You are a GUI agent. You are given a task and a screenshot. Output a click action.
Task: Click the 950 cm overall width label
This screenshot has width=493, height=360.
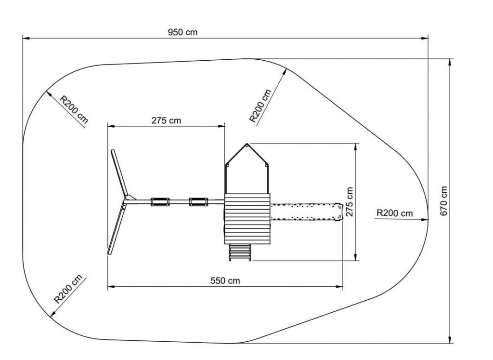182,32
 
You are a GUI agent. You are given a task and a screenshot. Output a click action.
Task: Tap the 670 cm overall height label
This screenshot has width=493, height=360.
443,201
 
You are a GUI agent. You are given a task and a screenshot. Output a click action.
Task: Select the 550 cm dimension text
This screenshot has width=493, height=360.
225,280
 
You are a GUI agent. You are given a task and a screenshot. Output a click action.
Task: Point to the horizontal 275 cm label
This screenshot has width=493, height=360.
166,120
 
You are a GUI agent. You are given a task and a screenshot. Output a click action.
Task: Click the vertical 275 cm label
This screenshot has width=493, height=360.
350,202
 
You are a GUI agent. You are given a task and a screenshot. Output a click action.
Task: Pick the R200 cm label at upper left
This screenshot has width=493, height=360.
74,109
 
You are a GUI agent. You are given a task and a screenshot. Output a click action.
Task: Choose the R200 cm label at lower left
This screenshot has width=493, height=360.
68,289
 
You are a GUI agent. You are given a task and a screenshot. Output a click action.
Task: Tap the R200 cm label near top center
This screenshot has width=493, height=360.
260,106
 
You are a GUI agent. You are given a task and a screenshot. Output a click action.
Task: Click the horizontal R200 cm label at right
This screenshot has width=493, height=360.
395,213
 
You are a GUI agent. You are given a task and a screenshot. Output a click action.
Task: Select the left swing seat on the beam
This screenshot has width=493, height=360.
160,202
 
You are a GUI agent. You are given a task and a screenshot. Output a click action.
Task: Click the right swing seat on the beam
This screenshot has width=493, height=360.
198,202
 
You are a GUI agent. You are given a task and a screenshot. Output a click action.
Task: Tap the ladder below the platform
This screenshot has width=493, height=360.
240,253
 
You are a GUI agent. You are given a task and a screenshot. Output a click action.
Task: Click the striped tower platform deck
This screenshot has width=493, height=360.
247,219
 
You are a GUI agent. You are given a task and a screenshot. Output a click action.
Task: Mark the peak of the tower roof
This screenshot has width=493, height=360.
247,145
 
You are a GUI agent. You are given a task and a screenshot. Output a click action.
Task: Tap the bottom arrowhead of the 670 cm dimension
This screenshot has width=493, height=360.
450,339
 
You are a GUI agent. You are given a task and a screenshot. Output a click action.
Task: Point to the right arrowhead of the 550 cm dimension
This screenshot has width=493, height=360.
339,287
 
